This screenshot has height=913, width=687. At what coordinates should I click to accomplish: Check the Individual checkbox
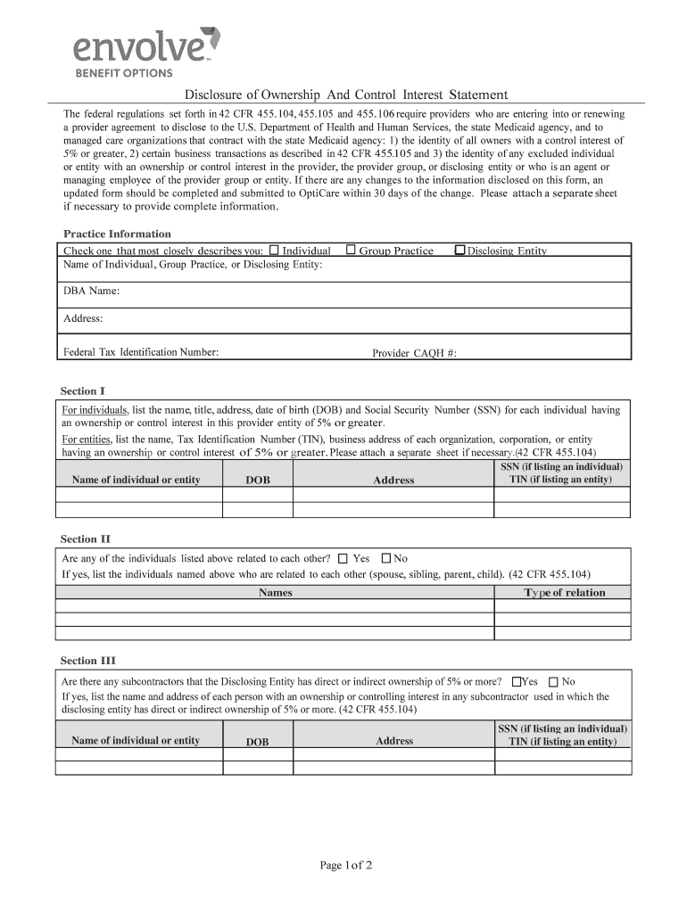pos(275,251)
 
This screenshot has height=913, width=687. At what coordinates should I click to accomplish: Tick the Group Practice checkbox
pos(352,251)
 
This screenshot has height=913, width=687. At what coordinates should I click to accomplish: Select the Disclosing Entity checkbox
pos(459,251)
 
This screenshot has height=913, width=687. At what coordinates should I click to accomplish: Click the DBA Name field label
pos(91,292)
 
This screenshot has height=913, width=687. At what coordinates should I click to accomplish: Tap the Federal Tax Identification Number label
pos(141,352)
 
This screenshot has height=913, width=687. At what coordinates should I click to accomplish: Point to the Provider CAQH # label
pos(414,353)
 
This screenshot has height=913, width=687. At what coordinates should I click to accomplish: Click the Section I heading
pos(83,391)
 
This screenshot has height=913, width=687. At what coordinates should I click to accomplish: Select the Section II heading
pos(85,539)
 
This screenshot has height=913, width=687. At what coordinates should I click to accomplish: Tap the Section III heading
pos(87,661)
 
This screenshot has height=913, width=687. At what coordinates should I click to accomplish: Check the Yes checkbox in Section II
pos(343,559)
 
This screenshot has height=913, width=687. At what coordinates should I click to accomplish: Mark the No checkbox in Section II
pos(386,559)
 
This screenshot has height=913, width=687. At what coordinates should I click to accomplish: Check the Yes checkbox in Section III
pos(516,682)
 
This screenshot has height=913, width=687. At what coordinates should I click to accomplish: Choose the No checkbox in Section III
pos(553,682)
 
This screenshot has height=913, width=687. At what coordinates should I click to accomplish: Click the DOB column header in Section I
pos(257,481)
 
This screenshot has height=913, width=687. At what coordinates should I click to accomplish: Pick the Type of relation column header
pos(564,593)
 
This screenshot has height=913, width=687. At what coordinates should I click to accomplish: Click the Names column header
pos(275,593)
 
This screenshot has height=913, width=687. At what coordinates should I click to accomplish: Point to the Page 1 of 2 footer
pos(346,865)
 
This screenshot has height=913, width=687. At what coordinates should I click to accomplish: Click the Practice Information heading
pos(117,234)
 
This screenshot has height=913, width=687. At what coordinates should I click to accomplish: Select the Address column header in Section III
pos(394,741)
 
